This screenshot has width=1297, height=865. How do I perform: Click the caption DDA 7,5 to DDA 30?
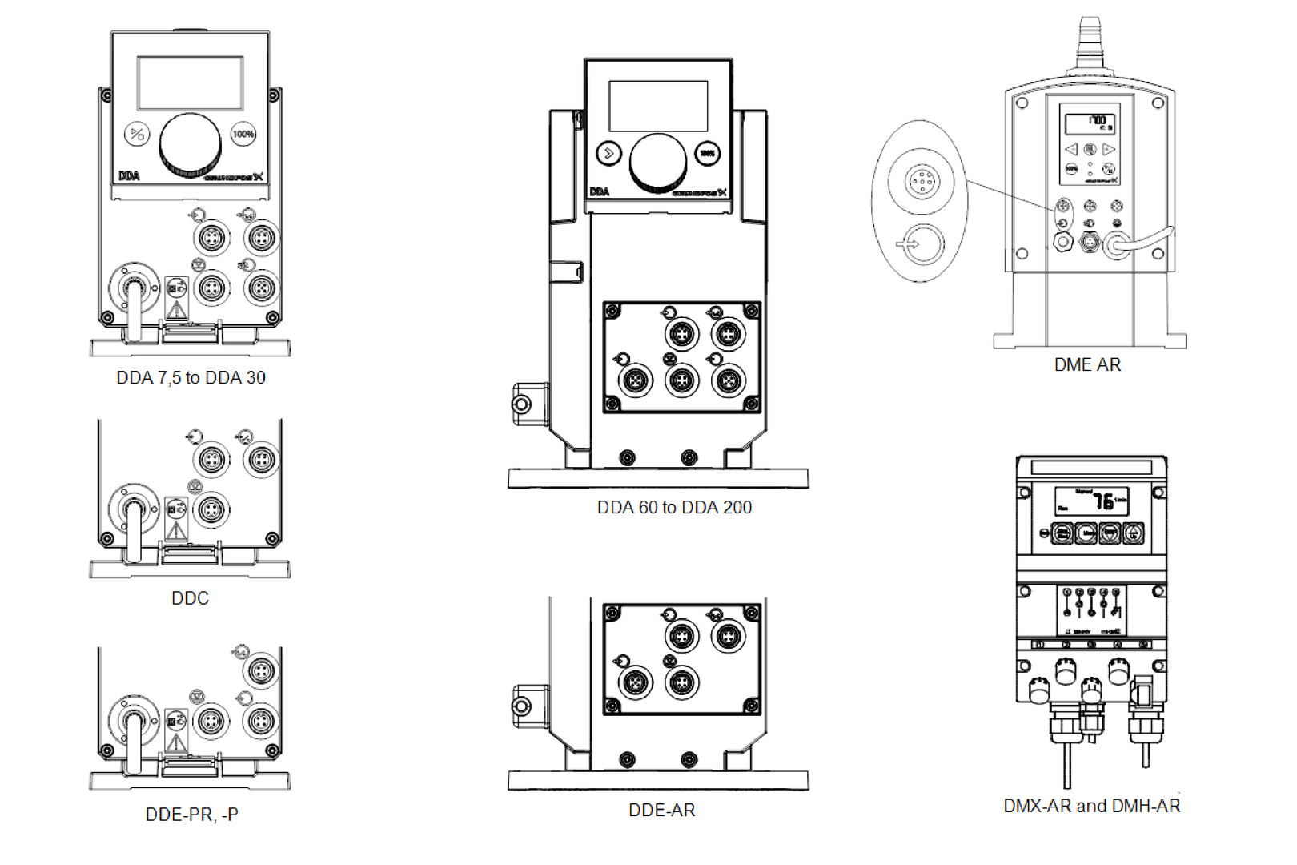(x=191, y=378)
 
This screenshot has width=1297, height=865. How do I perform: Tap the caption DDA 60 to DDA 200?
(x=674, y=508)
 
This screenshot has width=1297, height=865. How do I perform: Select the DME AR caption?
(x=1087, y=365)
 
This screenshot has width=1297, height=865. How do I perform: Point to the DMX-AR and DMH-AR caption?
(x=1091, y=806)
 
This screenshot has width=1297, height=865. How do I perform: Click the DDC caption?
(x=190, y=598)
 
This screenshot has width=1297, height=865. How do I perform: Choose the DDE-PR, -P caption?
(x=191, y=815)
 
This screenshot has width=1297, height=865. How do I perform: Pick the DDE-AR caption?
(x=661, y=811)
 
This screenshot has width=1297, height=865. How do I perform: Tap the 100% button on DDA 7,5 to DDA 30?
(x=243, y=134)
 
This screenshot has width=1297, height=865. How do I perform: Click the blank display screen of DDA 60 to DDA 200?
(x=658, y=106)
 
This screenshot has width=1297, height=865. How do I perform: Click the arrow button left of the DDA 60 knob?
(x=609, y=153)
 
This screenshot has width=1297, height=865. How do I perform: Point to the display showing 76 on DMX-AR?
(x=1091, y=501)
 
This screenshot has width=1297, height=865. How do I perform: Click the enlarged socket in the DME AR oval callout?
(x=922, y=180)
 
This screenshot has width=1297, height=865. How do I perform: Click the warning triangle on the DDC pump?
(x=176, y=530)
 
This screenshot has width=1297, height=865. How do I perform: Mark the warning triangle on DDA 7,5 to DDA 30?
(x=176, y=309)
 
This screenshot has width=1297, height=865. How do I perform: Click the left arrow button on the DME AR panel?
(x=1071, y=150)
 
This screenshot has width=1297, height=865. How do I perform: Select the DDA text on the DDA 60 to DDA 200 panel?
(x=599, y=192)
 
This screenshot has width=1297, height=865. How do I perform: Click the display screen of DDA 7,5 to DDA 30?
(x=190, y=82)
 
